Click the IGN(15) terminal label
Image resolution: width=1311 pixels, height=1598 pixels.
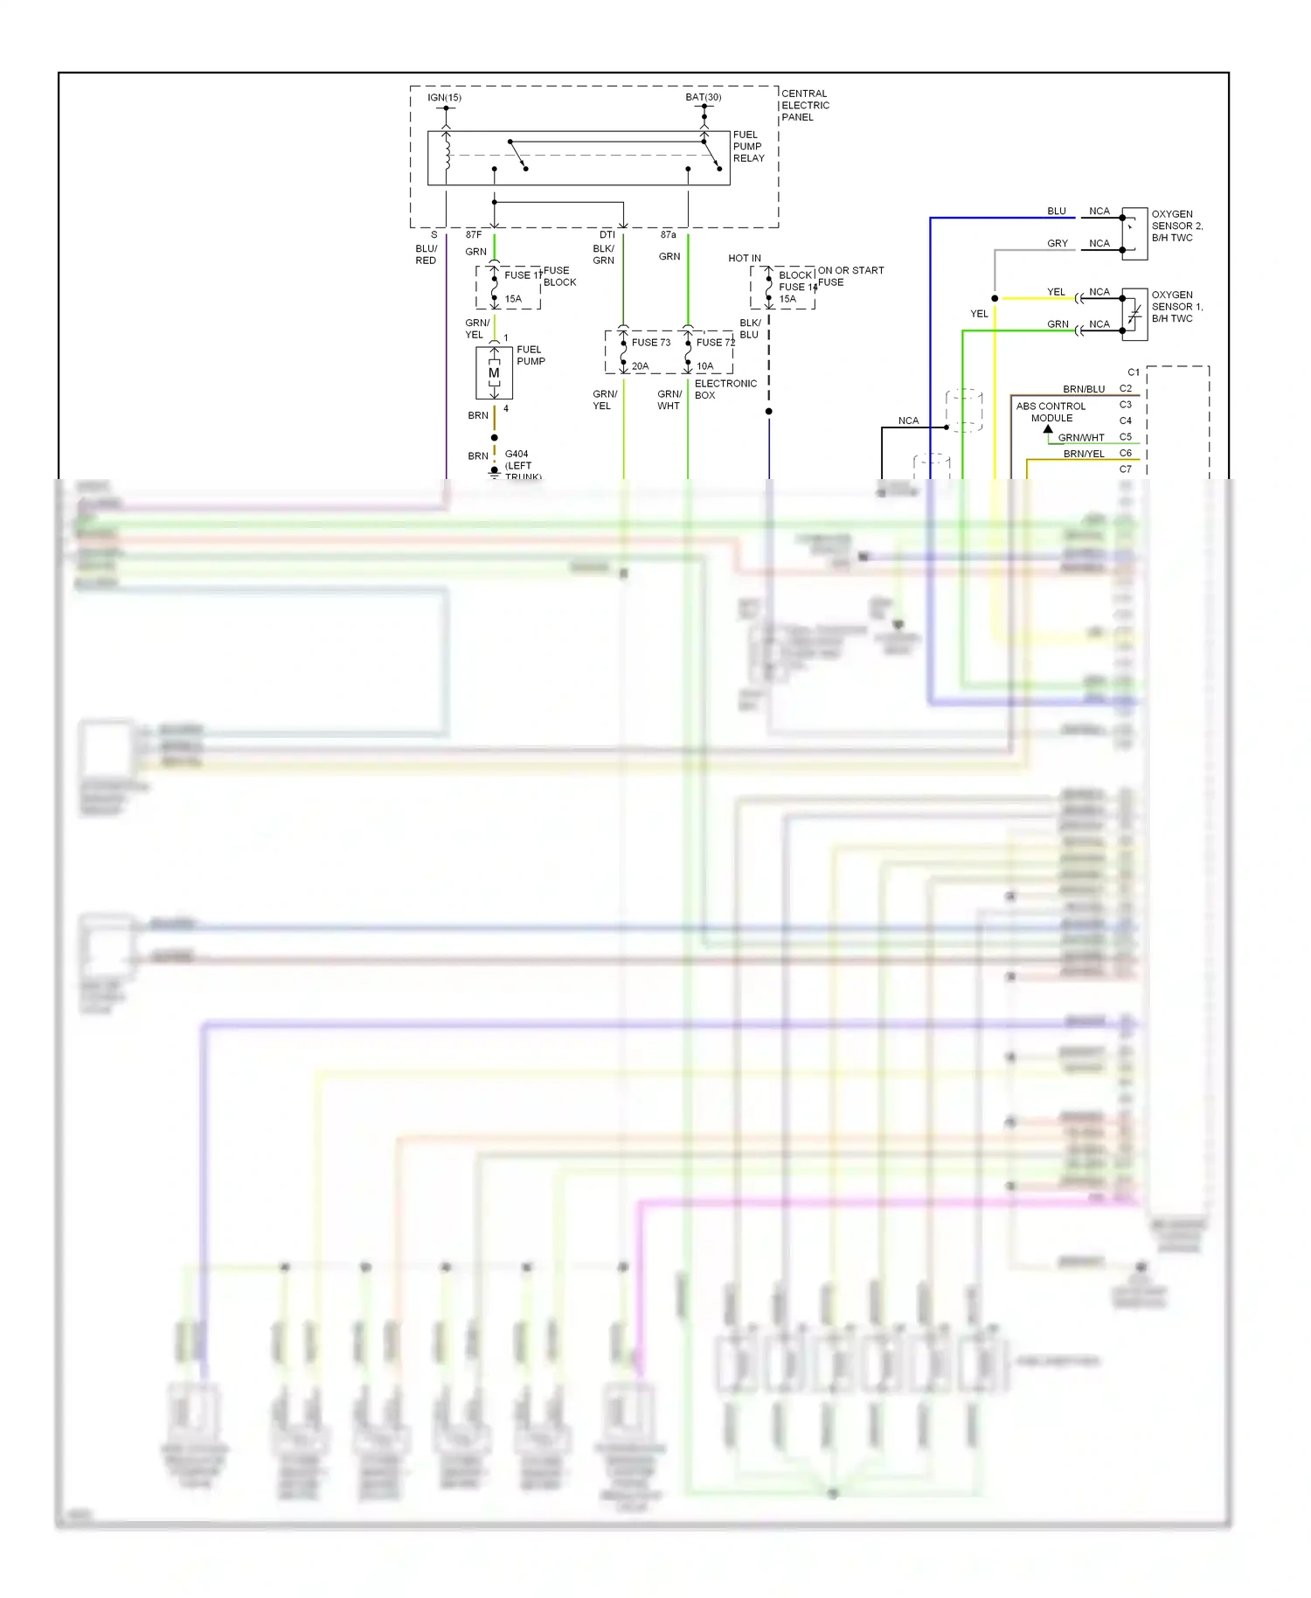click(444, 97)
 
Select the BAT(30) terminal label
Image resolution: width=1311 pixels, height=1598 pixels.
click(703, 97)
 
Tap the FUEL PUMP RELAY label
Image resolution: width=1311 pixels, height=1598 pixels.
click(748, 146)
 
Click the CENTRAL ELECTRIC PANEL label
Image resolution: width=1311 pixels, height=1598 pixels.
click(804, 105)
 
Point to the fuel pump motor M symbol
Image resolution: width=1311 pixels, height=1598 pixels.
click(494, 373)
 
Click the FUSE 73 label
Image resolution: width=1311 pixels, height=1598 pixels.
click(650, 343)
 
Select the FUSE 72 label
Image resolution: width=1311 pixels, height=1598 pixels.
click(715, 343)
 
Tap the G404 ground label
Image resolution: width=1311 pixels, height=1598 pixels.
click(517, 455)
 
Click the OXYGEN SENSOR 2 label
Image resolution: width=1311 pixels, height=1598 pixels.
click(1176, 226)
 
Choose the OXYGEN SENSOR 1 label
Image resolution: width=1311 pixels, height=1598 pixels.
click(1176, 307)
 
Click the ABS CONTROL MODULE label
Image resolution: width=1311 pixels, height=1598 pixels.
click(1051, 412)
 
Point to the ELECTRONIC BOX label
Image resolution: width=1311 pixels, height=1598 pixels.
click(725, 389)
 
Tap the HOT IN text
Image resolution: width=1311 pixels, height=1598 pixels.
click(744, 259)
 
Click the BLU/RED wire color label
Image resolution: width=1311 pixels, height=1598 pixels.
click(426, 254)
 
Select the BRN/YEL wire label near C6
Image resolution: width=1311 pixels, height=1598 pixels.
click(1083, 454)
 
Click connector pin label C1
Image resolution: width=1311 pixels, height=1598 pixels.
click(1133, 372)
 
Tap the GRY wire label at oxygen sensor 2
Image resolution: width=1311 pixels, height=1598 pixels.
click(1057, 244)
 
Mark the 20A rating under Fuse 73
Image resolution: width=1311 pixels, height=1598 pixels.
click(640, 366)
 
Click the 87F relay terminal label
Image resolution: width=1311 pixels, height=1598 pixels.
click(473, 235)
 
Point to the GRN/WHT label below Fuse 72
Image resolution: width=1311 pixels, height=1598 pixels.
click(669, 399)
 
